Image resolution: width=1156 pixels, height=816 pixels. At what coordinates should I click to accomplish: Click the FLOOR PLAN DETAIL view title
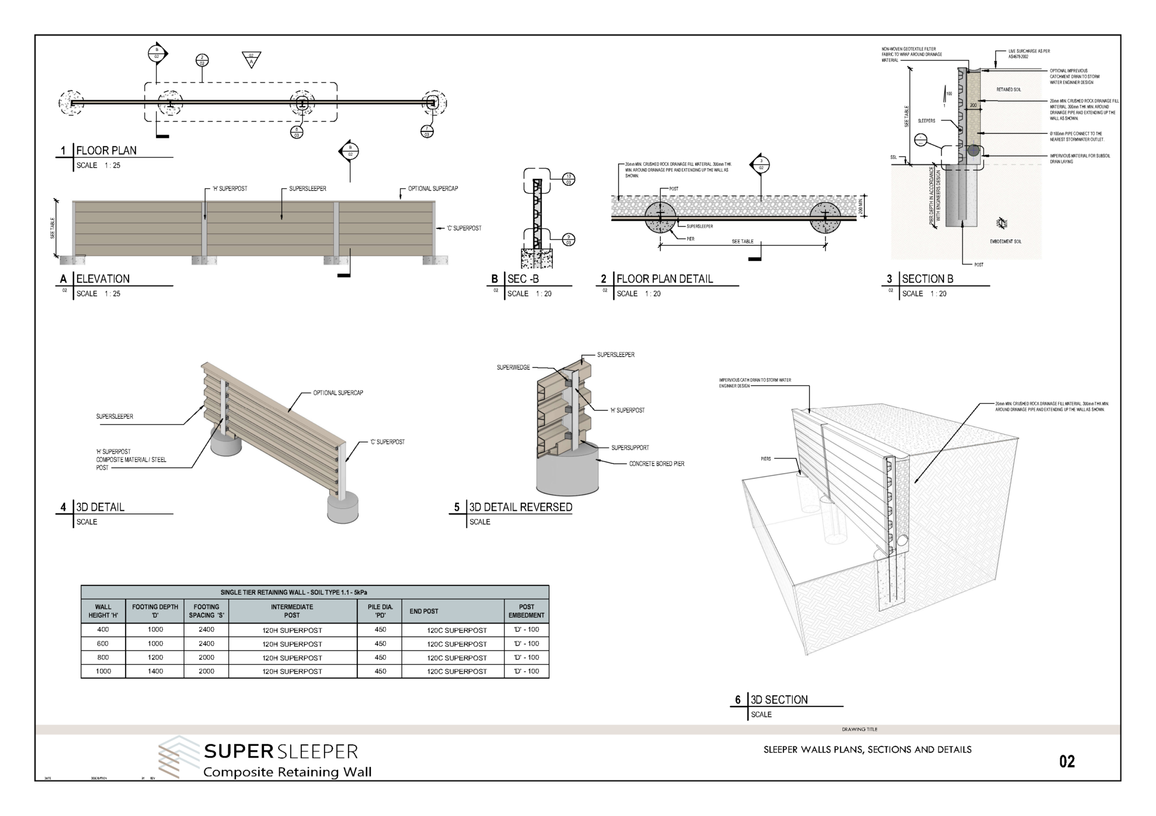pyautogui.click(x=664, y=279)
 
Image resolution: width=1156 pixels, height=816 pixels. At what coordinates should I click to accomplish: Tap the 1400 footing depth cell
pyautogui.click(x=155, y=671)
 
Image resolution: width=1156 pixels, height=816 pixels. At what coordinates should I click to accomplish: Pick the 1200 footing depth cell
pyautogui.click(x=155, y=657)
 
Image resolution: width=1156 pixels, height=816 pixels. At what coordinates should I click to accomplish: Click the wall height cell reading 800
pyautogui.click(x=103, y=657)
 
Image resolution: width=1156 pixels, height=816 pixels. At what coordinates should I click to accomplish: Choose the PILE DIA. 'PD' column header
pyautogui.click(x=380, y=611)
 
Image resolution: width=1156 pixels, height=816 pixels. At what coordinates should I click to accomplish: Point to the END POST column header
pyautogui.click(x=424, y=611)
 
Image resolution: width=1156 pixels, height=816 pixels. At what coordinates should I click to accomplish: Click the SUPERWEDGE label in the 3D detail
pyautogui.click(x=513, y=368)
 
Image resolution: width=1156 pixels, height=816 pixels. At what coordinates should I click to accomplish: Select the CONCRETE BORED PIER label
pyautogui.click(x=656, y=464)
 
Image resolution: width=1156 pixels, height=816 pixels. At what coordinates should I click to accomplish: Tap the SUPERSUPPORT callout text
pyautogui.click(x=630, y=448)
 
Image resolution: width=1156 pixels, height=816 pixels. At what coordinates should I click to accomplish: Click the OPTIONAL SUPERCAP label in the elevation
pyautogui.click(x=433, y=189)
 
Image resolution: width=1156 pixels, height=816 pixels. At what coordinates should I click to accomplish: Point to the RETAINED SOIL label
pyautogui.click(x=1008, y=90)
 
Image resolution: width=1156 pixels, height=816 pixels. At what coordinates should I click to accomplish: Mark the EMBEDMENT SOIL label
pyautogui.click(x=1005, y=242)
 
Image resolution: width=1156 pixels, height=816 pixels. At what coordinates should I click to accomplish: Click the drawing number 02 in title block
pyautogui.click(x=1067, y=762)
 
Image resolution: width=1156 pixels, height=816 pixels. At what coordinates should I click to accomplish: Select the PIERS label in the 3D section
pyautogui.click(x=765, y=459)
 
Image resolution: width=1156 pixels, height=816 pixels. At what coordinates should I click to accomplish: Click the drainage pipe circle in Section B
pyautogui.click(x=973, y=151)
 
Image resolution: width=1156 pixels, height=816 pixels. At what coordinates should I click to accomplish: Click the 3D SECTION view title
pyautogui.click(x=779, y=700)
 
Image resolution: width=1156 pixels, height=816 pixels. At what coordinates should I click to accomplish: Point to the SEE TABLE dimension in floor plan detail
pyautogui.click(x=743, y=241)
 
